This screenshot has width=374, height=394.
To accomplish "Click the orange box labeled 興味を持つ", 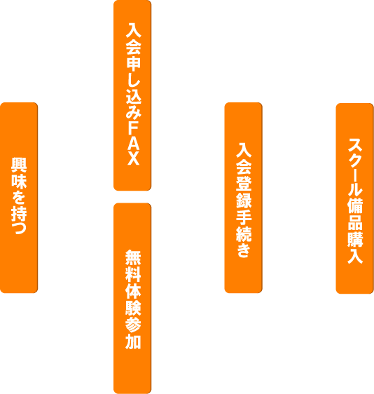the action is tap(19, 198).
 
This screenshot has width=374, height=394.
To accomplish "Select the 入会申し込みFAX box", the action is tap(132, 95).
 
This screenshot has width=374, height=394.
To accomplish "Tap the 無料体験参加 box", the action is tap(132, 298).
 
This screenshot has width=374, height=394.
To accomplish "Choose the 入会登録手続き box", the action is tap(244, 198).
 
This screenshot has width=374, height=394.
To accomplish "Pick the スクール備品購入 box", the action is tap(355, 198).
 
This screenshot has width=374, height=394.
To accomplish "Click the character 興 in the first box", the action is tap(19, 165).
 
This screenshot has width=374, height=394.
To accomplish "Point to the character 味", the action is tap(19, 182).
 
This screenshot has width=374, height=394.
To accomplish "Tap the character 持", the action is tap(19, 214).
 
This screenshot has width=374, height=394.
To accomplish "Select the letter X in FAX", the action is tap(133, 158).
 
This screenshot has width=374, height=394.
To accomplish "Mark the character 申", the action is tap(133, 63).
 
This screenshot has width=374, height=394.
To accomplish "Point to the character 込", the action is tap(133, 96).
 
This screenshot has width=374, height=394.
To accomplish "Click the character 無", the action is tap(133, 257).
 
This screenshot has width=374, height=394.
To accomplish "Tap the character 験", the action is tap(133, 308).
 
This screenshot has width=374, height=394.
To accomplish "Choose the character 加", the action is tap(133, 341).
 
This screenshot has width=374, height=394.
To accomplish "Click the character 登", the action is tap(244, 184).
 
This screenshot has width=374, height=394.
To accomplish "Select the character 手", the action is tap(244, 217).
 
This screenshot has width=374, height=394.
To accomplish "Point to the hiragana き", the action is tap(244, 250).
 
